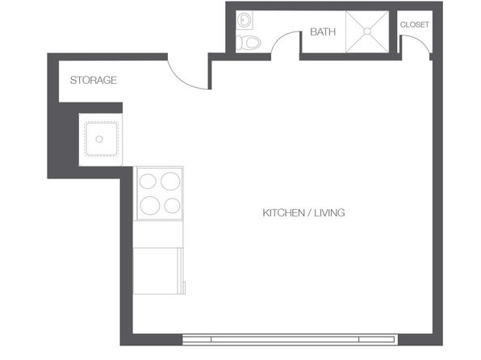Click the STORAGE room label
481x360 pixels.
click(x=94, y=80)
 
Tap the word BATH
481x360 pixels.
click(x=323, y=32)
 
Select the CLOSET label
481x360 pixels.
click(x=414, y=24)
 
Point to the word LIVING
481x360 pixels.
click(x=329, y=213)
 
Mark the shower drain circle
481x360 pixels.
click(x=367, y=32)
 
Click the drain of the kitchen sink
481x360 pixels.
click(x=99, y=139)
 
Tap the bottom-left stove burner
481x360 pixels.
click(x=150, y=204)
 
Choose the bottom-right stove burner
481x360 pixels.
click(x=171, y=205)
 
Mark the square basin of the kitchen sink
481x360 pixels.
click(x=99, y=139)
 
